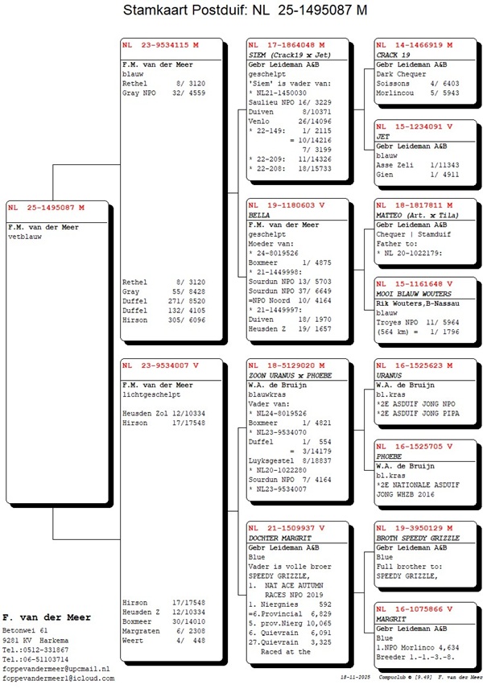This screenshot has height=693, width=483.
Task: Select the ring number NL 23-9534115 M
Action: pos(160,45)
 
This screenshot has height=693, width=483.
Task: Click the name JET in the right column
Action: pos(383,137)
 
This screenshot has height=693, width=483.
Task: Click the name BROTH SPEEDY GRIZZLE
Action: pos(418,537)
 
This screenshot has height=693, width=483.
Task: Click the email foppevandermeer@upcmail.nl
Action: pos(55,668)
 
